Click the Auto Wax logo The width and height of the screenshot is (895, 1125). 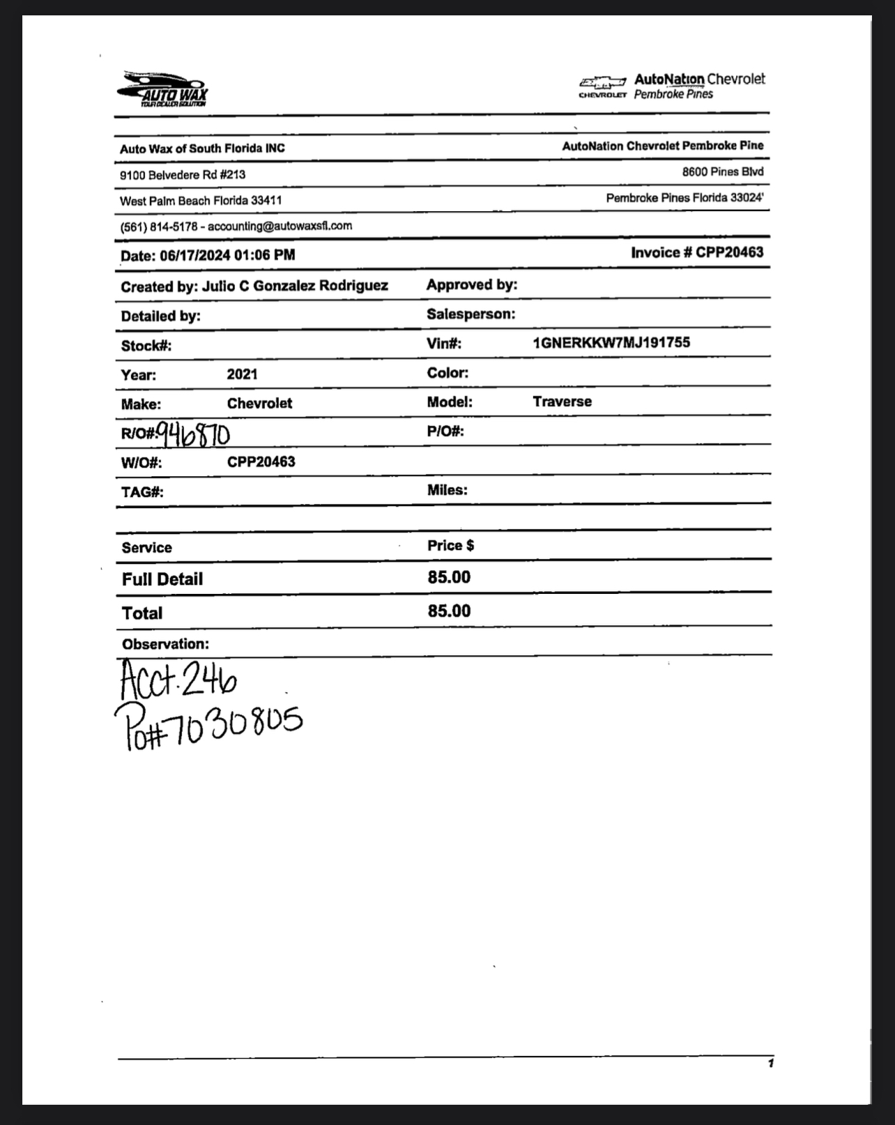point(163,89)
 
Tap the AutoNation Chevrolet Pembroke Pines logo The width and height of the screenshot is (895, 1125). point(672,86)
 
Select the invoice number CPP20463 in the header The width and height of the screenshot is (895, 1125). point(729,252)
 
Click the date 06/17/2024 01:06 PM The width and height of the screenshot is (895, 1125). point(227,255)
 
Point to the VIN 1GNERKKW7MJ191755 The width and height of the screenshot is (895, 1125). point(611,342)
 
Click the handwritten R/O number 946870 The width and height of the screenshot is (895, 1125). point(193,434)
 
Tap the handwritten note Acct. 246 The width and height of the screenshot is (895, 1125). point(178,679)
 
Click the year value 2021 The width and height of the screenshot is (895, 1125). point(242,374)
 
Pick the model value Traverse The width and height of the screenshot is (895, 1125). point(562,401)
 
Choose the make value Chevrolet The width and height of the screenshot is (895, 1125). point(259,404)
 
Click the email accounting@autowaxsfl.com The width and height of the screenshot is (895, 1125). point(280,226)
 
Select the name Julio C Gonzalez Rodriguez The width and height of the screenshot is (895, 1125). point(295,286)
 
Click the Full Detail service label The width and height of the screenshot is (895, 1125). point(162,579)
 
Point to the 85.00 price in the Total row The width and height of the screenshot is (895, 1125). point(449,611)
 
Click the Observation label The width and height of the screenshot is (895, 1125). point(165,644)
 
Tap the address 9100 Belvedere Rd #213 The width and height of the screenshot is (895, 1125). point(183,174)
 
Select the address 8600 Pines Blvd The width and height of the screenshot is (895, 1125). point(723,171)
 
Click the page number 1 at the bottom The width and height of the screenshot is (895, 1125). point(770,1063)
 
